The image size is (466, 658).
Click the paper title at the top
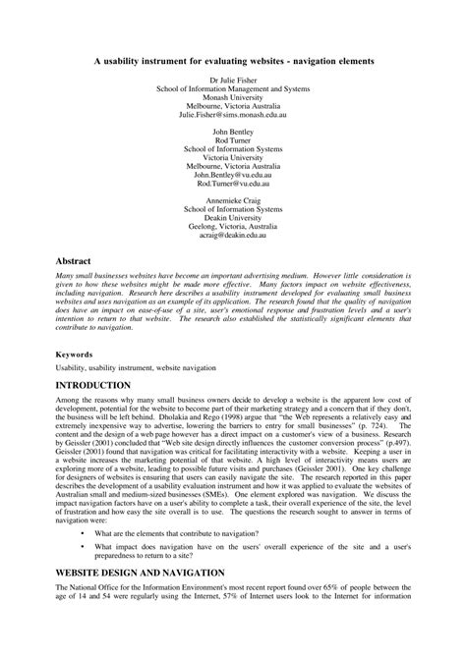(x=233, y=60)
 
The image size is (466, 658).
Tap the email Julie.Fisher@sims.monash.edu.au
(x=233, y=114)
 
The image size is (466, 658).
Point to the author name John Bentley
(x=233, y=131)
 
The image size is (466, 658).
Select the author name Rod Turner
(x=233, y=139)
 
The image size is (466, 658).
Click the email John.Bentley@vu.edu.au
(x=233, y=175)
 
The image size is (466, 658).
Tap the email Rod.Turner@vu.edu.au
(x=233, y=184)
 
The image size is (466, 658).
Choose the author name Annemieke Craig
(x=233, y=200)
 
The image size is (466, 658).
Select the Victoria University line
(x=233, y=157)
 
